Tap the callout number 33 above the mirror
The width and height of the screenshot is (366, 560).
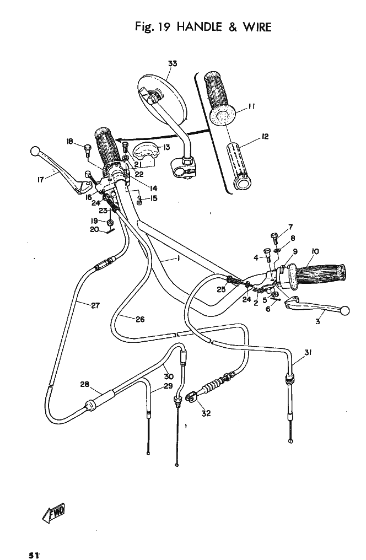(x=173, y=63)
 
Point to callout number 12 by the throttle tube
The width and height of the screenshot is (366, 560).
(x=265, y=136)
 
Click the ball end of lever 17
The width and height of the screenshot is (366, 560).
(x=35, y=150)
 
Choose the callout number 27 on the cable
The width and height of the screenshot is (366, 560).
(x=95, y=305)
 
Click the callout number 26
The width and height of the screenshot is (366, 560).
(x=140, y=319)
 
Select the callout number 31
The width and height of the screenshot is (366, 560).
(x=308, y=353)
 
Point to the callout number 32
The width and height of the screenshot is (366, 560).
(x=206, y=413)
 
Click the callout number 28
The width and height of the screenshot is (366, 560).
(x=85, y=384)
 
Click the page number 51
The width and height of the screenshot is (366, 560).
(x=32, y=555)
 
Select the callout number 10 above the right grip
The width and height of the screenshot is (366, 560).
(x=315, y=251)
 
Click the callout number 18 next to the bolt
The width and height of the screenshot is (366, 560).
(x=69, y=141)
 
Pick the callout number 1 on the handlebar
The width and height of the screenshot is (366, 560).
(x=179, y=258)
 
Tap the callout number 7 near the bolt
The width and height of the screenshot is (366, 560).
(x=290, y=227)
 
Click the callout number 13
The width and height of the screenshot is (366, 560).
(x=166, y=147)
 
